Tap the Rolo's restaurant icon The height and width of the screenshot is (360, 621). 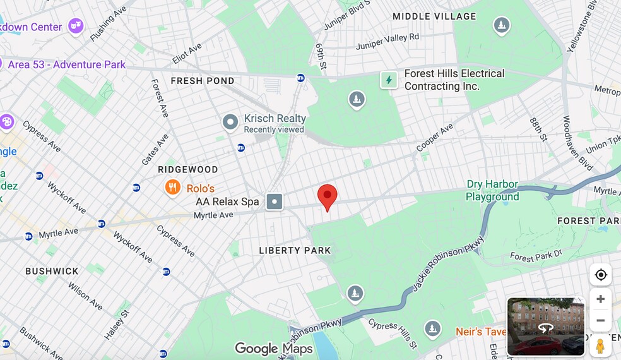click(x=173, y=188)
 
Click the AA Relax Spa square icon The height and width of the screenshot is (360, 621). click(x=275, y=202)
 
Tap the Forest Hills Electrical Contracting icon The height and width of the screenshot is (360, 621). click(x=389, y=80)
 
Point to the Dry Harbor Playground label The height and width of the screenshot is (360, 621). click(x=492, y=191)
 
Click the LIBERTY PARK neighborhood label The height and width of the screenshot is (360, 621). click(x=295, y=251)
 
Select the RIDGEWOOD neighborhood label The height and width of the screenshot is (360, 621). click(x=188, y=170)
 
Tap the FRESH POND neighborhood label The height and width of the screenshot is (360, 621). click(x=203, y=81)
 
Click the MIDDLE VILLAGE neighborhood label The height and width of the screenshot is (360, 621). click(x=434, y=16)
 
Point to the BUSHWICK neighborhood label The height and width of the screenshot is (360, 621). click(x=52, y=272)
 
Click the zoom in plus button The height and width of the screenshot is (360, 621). click(x=600, y=299)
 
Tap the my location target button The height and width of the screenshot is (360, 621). click(x=600, y=275)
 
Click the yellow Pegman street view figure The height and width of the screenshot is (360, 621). click(x=600, y=346)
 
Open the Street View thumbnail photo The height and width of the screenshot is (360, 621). click(x=546, y=327)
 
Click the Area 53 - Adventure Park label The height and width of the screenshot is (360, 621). click(x=67, y=65)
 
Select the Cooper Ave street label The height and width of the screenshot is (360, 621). click(x=435, y=137)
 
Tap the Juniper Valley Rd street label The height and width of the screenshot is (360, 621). click(x=387, y=42)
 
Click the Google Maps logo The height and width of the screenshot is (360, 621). click(x=274, y=349)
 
